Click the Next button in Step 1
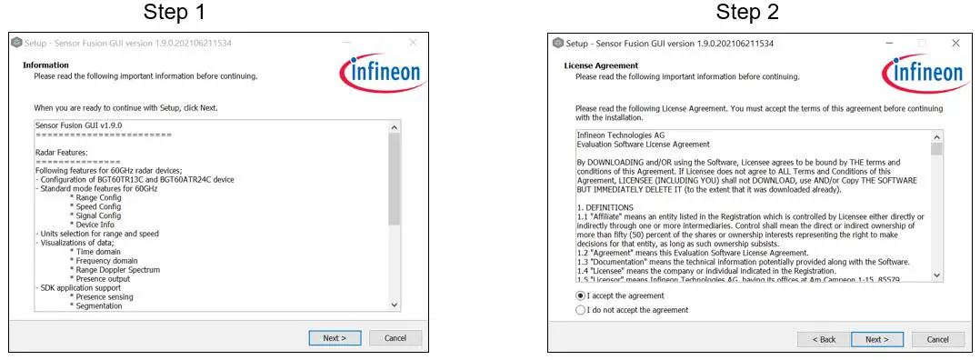[335, 338]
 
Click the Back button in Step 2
[823, 339]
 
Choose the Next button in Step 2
[876, 339]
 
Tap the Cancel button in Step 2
[937, 339]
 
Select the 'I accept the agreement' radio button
[581, 295]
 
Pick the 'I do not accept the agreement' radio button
[581, 310]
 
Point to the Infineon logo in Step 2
[923, 72]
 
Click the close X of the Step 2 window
[955, 43]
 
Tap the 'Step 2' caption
[748, 13]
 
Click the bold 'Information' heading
[45, 65]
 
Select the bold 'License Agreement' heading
[601, 65]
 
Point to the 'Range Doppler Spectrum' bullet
[117, 270]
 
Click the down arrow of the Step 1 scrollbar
[394, 305]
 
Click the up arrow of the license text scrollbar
[936, 136]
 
